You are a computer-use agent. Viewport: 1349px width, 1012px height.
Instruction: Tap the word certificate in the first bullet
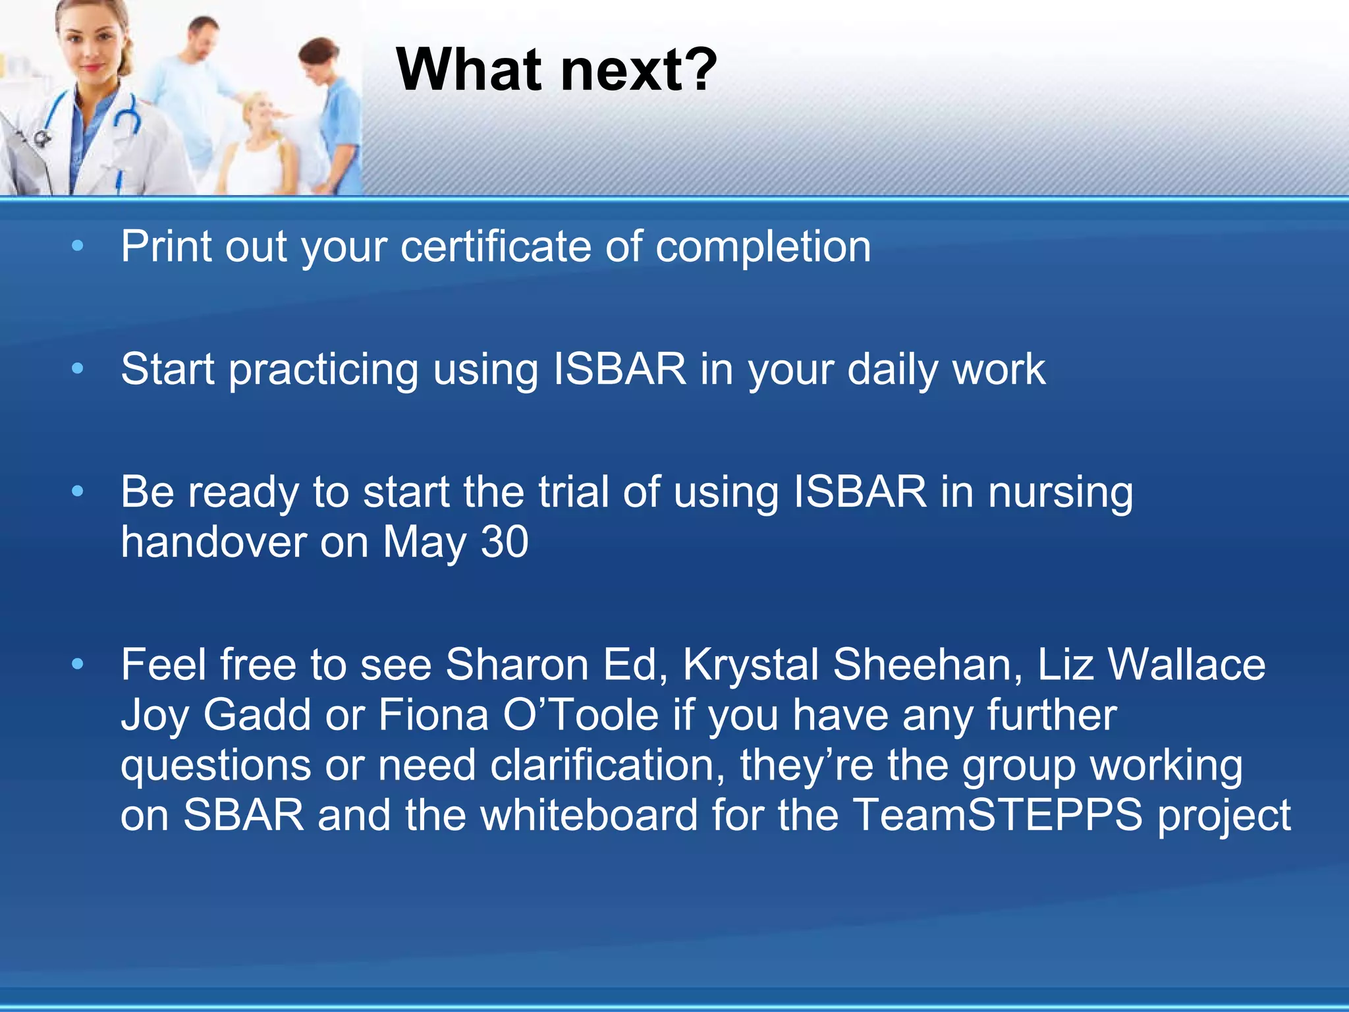point(495,246)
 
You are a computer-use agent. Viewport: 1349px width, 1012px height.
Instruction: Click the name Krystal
point(750,665)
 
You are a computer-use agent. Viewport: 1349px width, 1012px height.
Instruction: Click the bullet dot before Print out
point(78,246)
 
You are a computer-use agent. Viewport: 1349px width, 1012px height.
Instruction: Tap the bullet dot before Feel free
point(78,664)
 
